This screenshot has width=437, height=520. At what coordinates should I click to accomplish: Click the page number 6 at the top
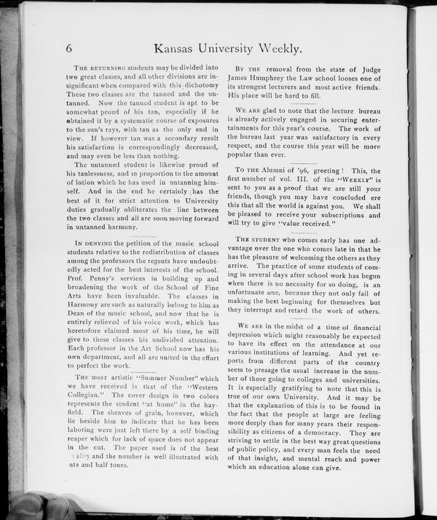coord(69,50)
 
